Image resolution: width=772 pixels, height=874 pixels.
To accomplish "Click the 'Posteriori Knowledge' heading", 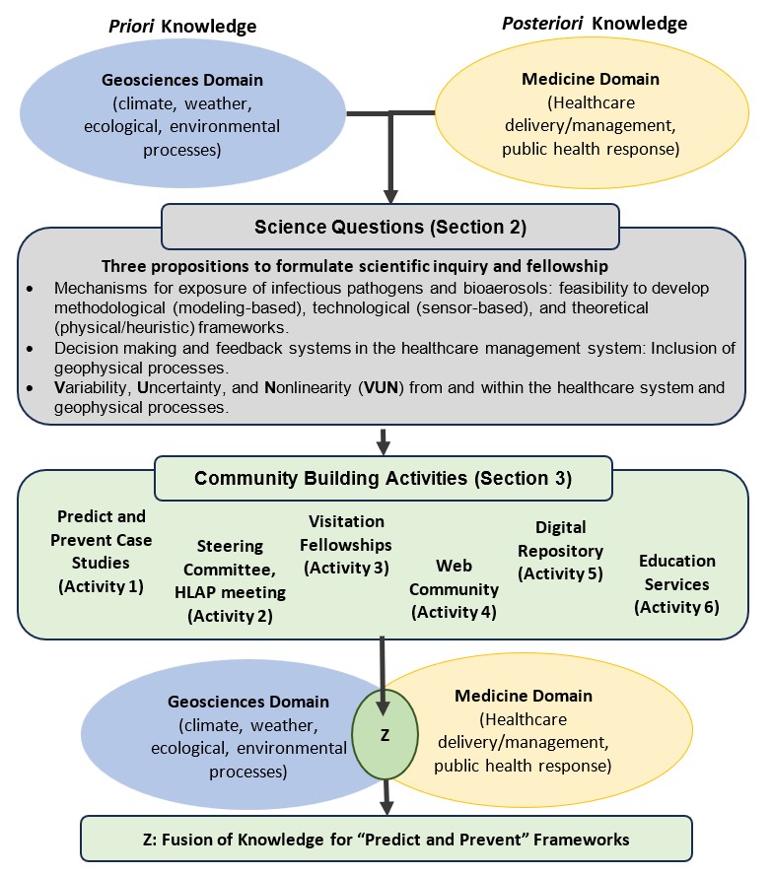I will pos(597,23).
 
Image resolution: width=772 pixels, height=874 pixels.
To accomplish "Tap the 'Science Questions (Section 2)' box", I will pos(389,227).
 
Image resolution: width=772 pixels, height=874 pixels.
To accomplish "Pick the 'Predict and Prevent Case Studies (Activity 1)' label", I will pos(102,552).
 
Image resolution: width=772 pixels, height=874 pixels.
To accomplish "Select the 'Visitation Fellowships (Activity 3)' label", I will pos(347,544).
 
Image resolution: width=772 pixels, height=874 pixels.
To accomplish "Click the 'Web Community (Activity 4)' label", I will pos(454,589).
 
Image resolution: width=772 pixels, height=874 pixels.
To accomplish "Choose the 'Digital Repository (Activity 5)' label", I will pos(560,551).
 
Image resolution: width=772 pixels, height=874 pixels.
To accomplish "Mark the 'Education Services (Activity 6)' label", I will pos(676,584).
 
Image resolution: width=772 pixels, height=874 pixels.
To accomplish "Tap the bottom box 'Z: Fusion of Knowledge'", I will pos(386,839).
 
